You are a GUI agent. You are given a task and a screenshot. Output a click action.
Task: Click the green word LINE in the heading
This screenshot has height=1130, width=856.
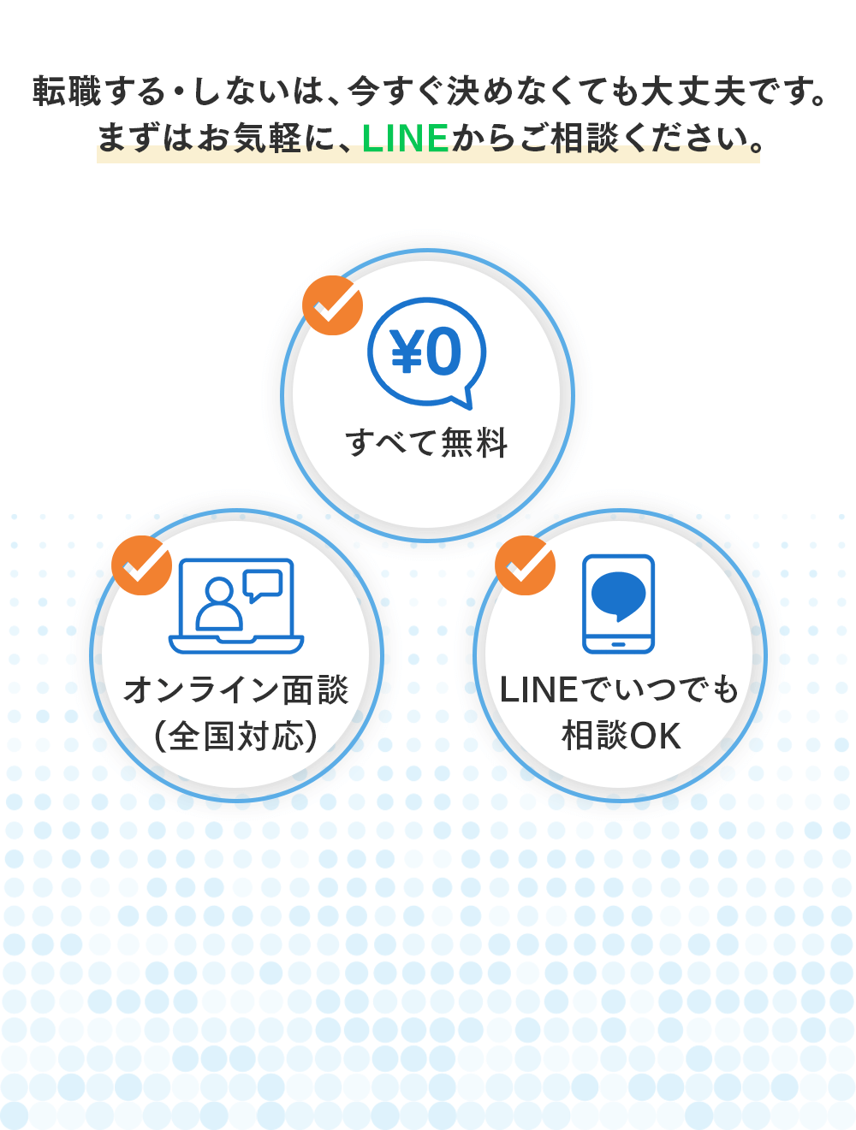405,138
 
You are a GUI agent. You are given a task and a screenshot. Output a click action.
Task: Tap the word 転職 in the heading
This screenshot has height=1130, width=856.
67,92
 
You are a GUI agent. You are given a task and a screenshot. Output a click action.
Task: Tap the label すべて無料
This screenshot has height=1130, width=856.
427,443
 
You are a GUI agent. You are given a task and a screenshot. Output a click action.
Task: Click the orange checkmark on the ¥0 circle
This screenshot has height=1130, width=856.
333,305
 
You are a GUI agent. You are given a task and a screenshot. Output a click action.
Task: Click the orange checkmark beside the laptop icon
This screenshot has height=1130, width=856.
142,565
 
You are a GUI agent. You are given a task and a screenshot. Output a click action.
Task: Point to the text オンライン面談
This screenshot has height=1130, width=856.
236,689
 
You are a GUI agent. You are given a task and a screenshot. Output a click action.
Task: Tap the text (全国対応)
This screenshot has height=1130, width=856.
236,736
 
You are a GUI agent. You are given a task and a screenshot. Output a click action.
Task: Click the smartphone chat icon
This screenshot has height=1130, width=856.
619,604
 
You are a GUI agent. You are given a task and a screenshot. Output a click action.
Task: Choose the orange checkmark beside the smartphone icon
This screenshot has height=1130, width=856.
526,565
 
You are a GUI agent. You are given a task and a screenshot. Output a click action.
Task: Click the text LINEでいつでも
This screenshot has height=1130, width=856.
619,689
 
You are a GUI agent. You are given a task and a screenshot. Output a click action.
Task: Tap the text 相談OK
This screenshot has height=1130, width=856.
621,736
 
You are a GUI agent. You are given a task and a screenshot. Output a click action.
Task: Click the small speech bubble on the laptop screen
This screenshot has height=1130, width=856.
262,584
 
